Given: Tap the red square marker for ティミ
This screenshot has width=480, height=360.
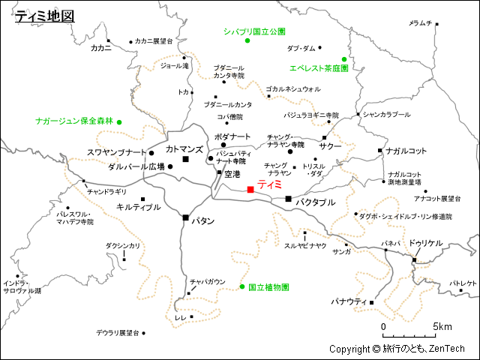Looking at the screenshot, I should (x=250, y=190).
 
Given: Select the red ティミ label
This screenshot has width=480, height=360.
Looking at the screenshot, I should (x=269, y=184).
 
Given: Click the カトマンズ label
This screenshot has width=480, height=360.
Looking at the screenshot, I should (x=184, y=150).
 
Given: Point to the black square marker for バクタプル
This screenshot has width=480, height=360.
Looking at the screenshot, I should (x=289, y=199).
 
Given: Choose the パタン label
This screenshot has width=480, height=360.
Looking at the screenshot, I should (x=203, y=221).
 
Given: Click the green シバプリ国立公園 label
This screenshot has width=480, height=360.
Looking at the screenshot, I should (x=255, y=31).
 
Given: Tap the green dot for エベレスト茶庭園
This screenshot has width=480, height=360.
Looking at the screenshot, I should (x=344, y=59).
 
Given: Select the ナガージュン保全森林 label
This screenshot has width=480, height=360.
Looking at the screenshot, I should (x=74, y=121).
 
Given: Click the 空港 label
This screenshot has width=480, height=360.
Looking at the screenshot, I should (x=232, y=173).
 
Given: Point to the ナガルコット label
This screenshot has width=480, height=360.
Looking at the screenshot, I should (x=406, y=151).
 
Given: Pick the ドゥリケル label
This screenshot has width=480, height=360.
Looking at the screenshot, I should (x=426, y=243).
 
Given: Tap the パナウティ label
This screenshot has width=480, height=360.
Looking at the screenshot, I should (x=349, y=301).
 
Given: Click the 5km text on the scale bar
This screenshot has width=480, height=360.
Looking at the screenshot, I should (x=442, y=327).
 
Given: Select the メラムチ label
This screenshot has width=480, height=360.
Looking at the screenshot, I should (x=420, y=23).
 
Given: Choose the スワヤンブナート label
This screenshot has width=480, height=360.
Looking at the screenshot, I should (x=116, y=152).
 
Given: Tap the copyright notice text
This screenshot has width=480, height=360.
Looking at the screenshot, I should (x=397, y=349).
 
